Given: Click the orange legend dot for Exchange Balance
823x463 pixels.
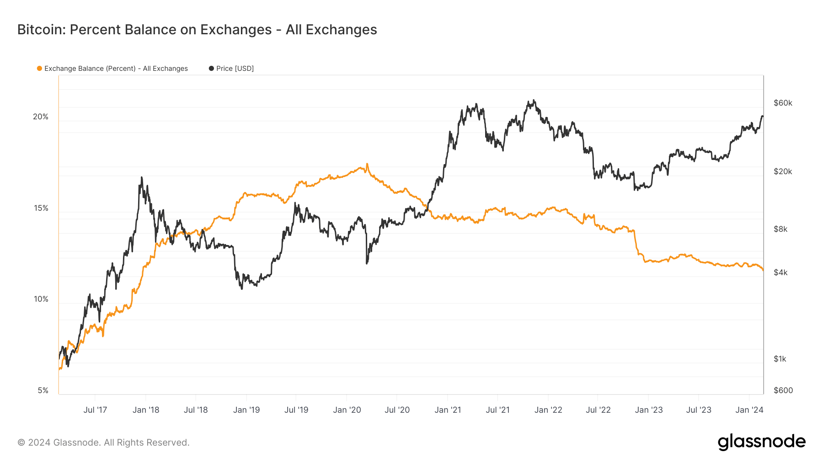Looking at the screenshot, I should click(x=39, y=69).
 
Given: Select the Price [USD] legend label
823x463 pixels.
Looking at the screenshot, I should click(x=235, y=69).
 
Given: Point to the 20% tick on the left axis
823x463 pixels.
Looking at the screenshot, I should click(x=41, y=117).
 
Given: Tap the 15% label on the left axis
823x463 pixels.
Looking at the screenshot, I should click(x=41, y=208).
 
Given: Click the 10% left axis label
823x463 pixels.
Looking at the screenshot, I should click(x=41, y=299).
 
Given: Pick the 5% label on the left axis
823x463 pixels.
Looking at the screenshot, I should click(x=43, y=390).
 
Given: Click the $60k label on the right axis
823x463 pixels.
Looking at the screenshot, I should click(x=783, y=103).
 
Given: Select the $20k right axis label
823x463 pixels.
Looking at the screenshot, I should click(x=783, y=171).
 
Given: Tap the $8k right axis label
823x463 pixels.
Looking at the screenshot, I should click(x=780, y=229).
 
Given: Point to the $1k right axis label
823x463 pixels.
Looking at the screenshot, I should click(x=780, y=359).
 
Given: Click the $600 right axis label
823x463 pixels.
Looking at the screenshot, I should click(x=783, y=390).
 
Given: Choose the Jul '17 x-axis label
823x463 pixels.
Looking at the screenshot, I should click(x=95, y=410).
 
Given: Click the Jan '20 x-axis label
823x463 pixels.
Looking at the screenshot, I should click(x=347, y=410).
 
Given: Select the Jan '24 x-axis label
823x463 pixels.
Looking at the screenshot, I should click(x=749, y=410).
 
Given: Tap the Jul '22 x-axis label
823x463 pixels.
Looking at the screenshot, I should click(x=598, y=410).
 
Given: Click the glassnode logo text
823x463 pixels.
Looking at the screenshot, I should click(x=761, y=442).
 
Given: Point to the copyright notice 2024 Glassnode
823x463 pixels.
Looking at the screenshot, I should click(x=103, y=442).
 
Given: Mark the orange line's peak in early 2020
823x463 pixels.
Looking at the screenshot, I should click(x=367, y=164).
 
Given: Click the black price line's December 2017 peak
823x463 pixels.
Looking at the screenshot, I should click(x=142, y=177).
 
